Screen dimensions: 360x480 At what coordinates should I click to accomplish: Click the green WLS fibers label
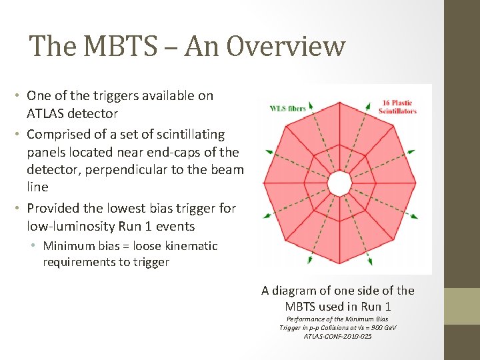point(287,109)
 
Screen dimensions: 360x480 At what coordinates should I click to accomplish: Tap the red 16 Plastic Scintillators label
point(397,107)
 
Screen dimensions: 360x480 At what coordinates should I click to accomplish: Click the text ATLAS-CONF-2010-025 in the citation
point(337,336)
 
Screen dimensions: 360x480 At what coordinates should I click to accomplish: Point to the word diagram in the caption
point(297,291)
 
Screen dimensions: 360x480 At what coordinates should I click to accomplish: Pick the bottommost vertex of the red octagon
point(340,264)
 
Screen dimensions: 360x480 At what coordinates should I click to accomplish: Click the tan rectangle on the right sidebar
point(462,306)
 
